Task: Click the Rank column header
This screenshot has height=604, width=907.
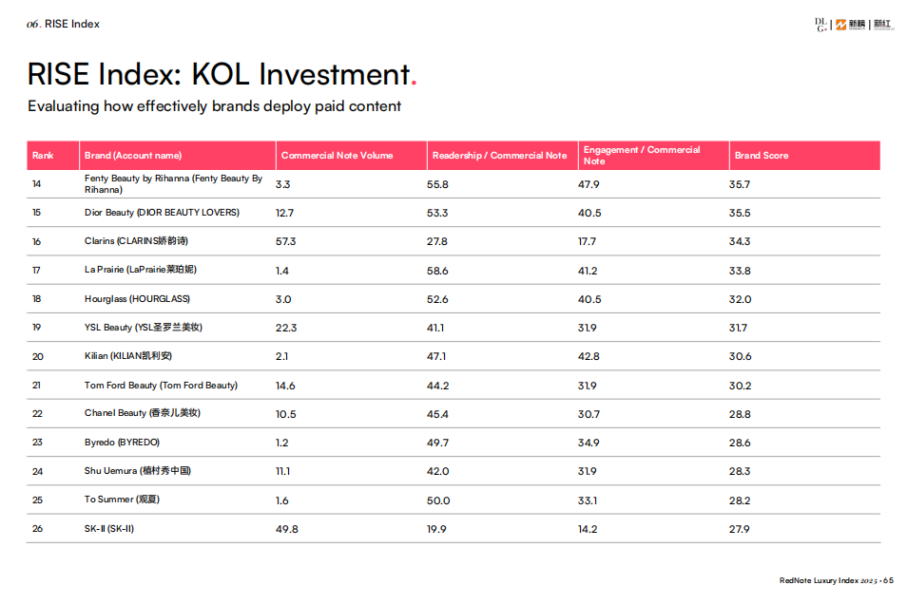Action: pos(43,156)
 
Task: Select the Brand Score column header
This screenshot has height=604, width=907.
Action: pos(761,156)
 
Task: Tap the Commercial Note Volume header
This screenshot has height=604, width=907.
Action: pos(337,156)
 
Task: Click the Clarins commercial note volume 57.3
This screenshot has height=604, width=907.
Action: pos(285,241)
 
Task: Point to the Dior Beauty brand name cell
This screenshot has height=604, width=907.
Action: pos(162,213)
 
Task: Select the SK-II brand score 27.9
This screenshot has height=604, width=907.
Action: pos(740,529)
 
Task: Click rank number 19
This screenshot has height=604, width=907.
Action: pos(37,328)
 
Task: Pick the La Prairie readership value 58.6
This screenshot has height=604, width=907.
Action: pos(437,271)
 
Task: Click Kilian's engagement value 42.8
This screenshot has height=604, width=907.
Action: pos(589,356)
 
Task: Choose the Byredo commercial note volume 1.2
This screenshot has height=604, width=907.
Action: pos(281,443)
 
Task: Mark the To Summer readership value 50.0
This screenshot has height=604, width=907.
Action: pos(438,500)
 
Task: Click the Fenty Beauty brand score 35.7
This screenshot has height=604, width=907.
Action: pos(740,184)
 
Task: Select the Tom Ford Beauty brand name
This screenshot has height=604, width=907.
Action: pos(161,386)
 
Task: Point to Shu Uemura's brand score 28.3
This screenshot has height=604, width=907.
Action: pos(740,471)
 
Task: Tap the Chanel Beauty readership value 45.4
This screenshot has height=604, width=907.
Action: pos(437,414)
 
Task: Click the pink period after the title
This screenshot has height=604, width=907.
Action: pos(413,84)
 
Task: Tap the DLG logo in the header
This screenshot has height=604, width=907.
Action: pos(820,25)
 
